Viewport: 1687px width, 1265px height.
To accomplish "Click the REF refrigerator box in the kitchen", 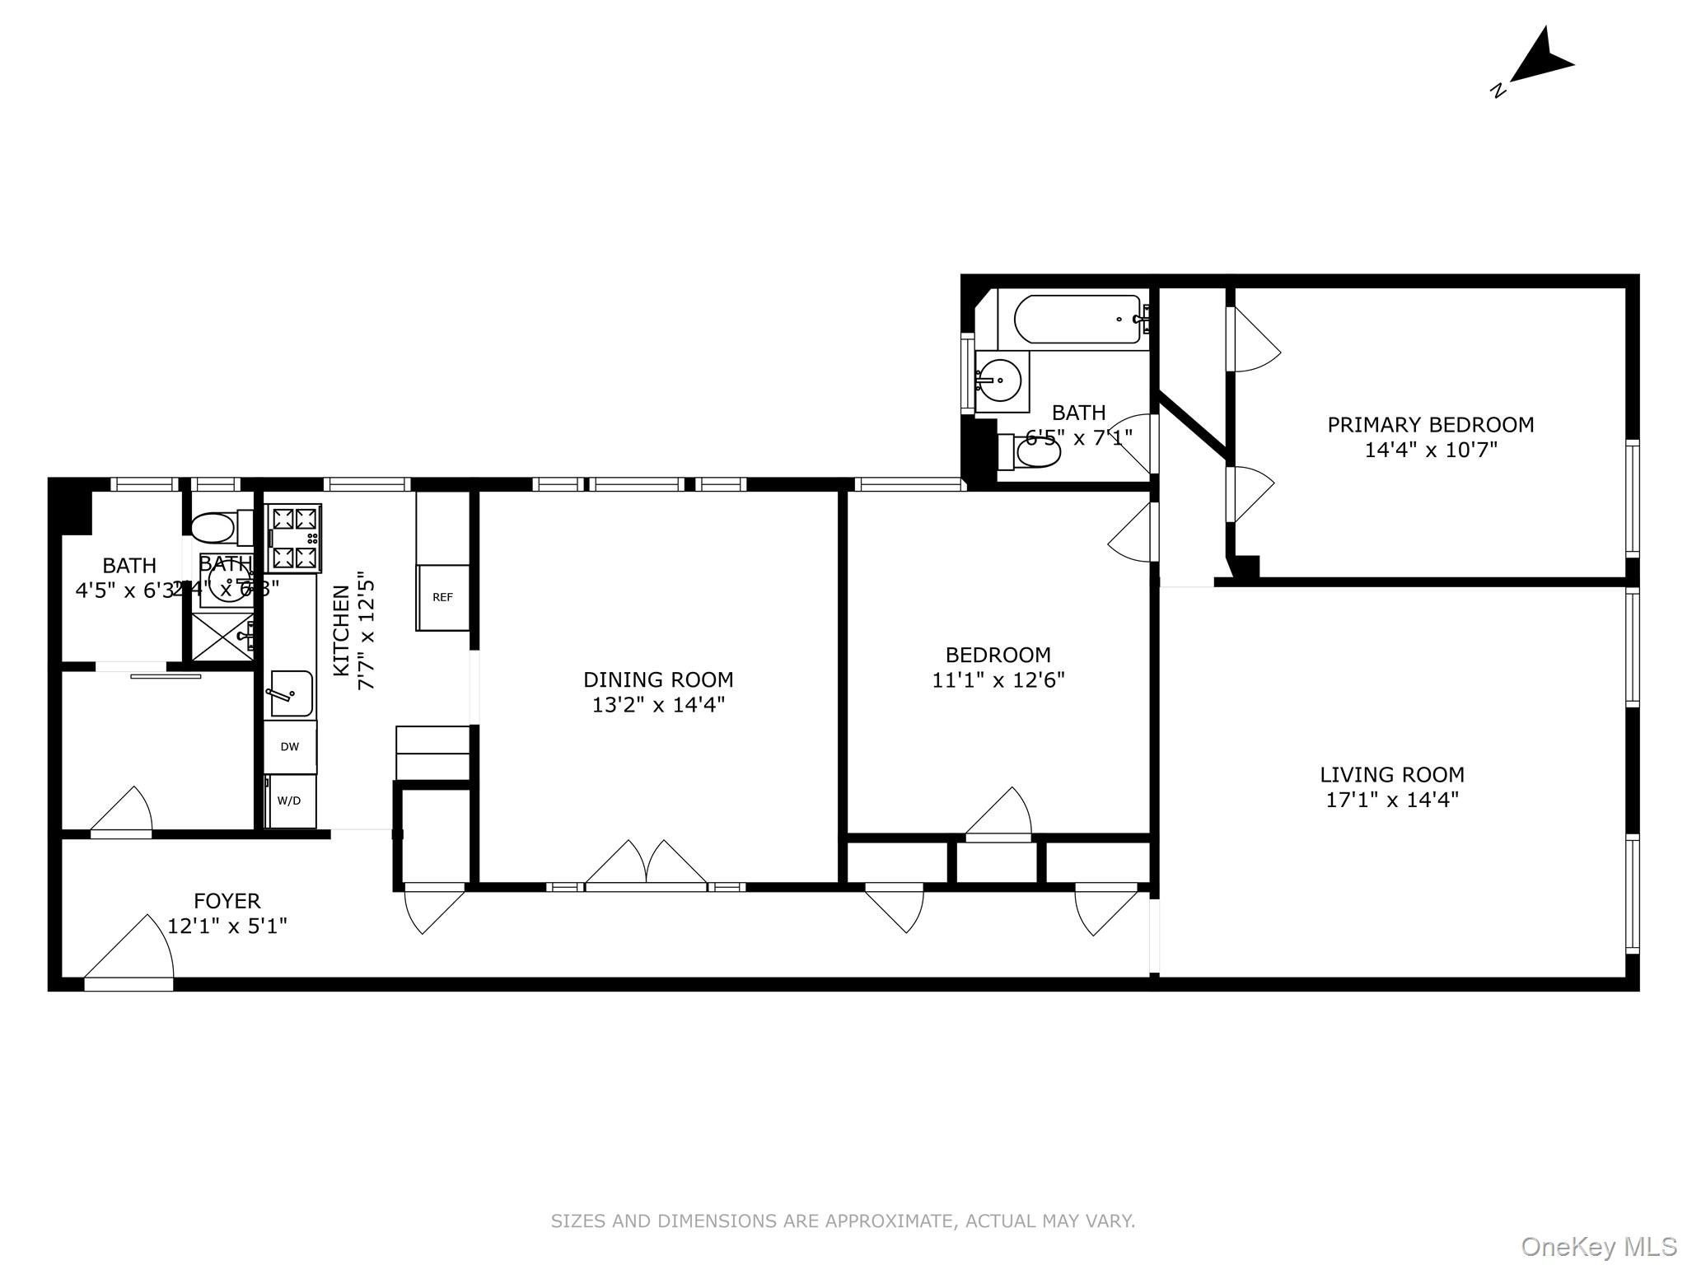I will [x=442, y=598].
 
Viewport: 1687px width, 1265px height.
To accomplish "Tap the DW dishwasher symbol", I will [x=290, y=747].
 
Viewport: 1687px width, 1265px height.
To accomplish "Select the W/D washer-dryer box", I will [x=290, y=801].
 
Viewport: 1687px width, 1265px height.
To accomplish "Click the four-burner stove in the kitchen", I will [x=294, y=539].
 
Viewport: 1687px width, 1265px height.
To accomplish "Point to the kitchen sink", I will [x=290, y=693].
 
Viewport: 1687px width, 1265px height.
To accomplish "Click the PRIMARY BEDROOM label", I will [x=1430, y=425].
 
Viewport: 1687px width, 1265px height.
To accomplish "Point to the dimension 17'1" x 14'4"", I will [x=1392, y=800].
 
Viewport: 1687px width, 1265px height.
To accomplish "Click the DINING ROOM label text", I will [x=658, y=679].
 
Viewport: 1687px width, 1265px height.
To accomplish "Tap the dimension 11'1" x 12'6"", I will [x=998, y=680].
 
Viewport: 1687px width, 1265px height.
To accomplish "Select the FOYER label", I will [x=227, y=901].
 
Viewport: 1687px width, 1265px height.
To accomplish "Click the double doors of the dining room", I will [x=646, y=865].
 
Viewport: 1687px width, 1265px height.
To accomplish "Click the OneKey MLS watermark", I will [x=1597, y=1246].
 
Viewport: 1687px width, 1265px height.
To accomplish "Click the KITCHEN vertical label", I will [x=341, y=631].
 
